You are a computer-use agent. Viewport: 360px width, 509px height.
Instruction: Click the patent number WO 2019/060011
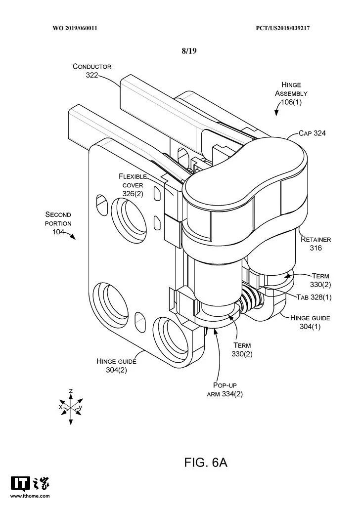point(75,28)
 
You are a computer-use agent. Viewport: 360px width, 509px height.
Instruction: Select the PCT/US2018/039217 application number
point(283,28)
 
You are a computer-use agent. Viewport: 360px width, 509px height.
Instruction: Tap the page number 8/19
point(189,51)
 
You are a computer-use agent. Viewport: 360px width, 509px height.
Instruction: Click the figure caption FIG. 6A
point(206,462)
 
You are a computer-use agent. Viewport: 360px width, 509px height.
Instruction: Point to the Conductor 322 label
point(92,71)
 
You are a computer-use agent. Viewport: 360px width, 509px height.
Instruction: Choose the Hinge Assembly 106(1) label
point(291,93)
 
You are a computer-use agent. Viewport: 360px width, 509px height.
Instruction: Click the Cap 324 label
point(312,133)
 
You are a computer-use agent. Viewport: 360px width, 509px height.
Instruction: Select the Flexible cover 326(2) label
point(133,185)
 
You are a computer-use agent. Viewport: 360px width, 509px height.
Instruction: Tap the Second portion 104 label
point(58,223)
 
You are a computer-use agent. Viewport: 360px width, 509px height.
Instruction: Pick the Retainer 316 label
point(316,244)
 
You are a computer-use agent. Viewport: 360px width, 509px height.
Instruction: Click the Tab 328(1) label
point(314,297)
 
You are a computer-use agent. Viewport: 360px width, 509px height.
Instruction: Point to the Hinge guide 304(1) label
point(310,322)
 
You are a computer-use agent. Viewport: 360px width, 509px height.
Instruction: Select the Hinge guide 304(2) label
point(116,366)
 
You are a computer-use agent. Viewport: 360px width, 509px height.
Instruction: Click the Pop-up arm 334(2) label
point(225,389)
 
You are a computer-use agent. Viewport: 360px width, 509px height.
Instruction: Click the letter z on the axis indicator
point(71,391)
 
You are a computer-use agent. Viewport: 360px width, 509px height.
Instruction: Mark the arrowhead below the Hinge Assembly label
point(276,113)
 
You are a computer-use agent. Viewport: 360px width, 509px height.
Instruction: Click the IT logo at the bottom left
point(20,484)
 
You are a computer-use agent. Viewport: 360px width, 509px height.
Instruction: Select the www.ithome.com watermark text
point(30,496)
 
